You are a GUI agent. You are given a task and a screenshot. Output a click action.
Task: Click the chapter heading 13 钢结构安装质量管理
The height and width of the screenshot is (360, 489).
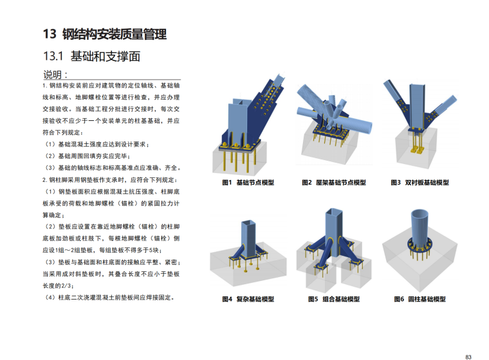click(105, 34)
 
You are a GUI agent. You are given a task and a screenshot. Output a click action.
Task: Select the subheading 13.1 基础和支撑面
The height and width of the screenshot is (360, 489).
click(91, 56)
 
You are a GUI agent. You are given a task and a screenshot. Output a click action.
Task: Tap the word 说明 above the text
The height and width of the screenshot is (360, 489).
click(52, 75)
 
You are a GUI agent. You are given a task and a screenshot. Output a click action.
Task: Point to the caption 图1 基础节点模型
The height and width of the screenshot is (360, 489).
click(248, 183)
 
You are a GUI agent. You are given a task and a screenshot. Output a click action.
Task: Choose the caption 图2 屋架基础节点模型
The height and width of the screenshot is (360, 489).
click(334, 183)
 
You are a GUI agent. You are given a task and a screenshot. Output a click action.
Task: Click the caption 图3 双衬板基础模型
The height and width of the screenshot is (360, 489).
click(420, 183)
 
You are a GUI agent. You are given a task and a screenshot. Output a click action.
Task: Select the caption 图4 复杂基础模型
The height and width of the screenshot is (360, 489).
click(248, 299)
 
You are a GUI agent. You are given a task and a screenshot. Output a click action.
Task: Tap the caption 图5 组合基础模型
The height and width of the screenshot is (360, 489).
click(334, 299)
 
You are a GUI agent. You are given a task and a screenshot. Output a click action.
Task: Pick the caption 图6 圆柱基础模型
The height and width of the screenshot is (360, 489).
click(420, 299)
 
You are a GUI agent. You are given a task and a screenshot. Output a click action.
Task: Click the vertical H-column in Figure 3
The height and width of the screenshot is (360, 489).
click(417, 106)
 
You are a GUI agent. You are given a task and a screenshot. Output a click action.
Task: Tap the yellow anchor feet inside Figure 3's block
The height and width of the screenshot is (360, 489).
click(417, 150)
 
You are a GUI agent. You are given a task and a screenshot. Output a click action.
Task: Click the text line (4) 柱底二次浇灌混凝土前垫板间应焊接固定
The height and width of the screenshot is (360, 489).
click(109, 298)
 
